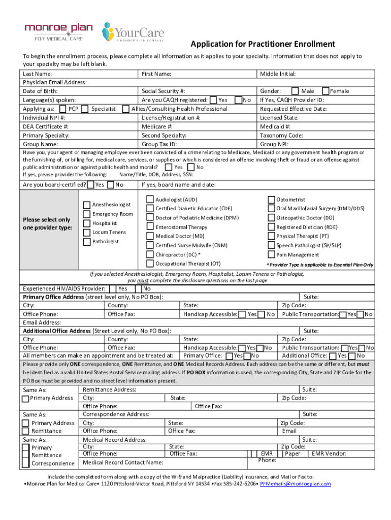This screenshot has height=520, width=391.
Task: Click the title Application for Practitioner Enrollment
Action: [263, 44]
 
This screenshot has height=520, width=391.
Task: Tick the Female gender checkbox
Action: [325, 91]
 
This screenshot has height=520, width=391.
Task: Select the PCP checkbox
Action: [62, 109]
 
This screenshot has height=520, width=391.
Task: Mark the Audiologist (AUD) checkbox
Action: [150, 200]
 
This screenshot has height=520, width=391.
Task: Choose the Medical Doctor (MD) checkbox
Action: [150, 236]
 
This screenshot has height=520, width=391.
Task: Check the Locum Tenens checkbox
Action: [87, 232]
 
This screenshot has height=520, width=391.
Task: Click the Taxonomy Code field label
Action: [281, 136]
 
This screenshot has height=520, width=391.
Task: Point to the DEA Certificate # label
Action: [46, 126]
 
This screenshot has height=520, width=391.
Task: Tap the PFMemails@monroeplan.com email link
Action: [295, 484]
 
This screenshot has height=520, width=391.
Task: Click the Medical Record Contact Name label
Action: [123, 463]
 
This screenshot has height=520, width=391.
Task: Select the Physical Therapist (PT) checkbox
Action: [271, 236]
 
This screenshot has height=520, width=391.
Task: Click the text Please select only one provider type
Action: [47, 223]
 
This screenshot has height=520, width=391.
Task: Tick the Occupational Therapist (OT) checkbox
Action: [150, 264]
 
